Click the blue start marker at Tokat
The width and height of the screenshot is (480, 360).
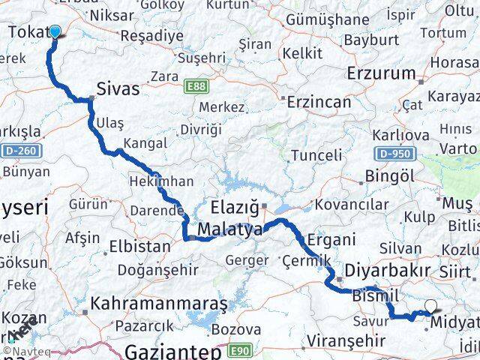(x=54, y=31)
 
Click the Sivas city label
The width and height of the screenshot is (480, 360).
(x=118, y=89)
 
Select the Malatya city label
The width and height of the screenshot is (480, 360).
(x=230, y=229)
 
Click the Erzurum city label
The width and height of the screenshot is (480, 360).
(x=382, y=73)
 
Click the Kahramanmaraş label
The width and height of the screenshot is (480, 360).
(x=159, y=304)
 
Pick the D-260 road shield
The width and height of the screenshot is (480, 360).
(x=22, y=151)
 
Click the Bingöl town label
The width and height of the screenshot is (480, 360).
(x=387, y=176)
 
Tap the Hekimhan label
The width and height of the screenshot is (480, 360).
(x=162, y=181)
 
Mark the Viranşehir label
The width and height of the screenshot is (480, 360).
(x=346, y=340)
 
